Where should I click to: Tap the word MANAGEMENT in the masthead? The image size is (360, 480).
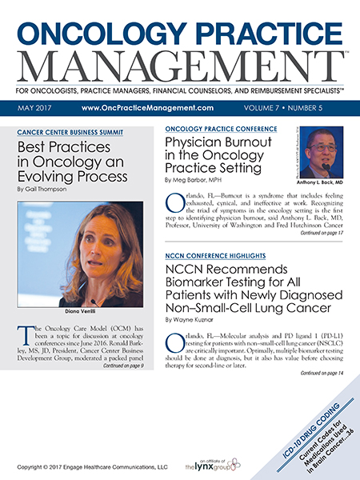point(179,67)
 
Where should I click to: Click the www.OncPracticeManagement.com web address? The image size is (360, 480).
point(146,106)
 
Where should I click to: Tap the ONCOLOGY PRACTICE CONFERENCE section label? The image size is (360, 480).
point(220,129)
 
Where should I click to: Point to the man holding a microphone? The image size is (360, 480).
point(318,152)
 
